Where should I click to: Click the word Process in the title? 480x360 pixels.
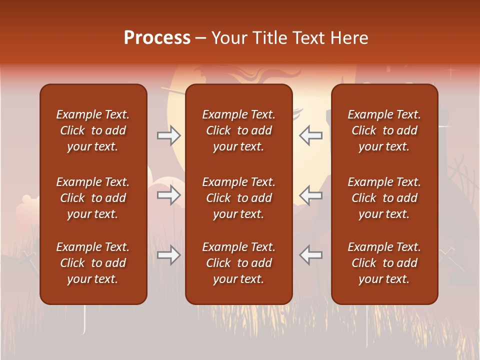pyautogui.click(x=157, y=38)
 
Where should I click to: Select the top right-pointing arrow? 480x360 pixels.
pyautogui.click(x=169, y=135)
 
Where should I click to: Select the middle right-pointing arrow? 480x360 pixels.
pyautogui.click(x=169, y=195)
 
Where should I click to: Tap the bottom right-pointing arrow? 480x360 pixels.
pyautogui.click(x=169, y=255)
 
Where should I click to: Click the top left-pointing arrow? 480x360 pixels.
pyautogui.click(x=310, y=135)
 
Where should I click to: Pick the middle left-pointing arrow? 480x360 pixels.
pyautogui.click(x=310, y=195)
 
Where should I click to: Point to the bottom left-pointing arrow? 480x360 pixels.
pyautogui.click(x=310, y=255)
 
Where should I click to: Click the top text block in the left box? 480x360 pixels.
pyautogui.click(x=93, y=130)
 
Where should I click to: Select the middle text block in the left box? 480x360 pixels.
pyautogui.click(x=93, y=198)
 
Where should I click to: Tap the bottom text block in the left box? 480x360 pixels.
pyautogui.click(x=93, y=263)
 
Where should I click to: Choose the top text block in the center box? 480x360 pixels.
pyautogui.click(x=238, y=130)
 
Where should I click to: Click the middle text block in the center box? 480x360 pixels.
pyautogui.click(x=238, y=198)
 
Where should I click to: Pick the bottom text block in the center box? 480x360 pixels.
pyautogui.click(x=238, y=263)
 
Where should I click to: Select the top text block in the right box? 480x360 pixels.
pyautogui.click(x=384, y=130)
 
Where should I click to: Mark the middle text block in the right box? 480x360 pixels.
pyautogui.click(x=384, y=198)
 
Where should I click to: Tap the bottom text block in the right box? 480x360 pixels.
pyautogui.click(x=384, y=263)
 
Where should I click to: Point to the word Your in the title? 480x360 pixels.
pyautogui.click(x=229, y=38)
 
